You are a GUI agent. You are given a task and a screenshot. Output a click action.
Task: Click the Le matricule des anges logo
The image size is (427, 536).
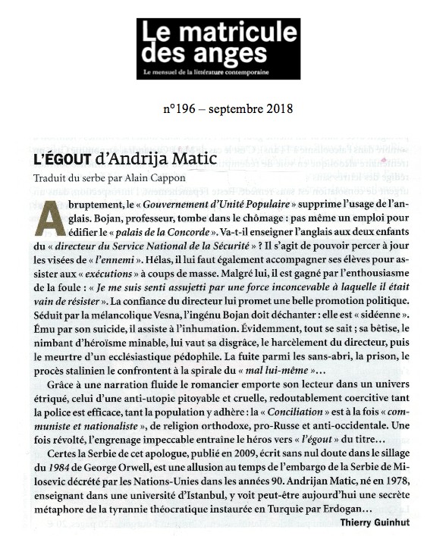[x=218, y=49]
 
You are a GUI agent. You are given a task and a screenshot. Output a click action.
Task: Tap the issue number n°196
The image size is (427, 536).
[x=180, y=108]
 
